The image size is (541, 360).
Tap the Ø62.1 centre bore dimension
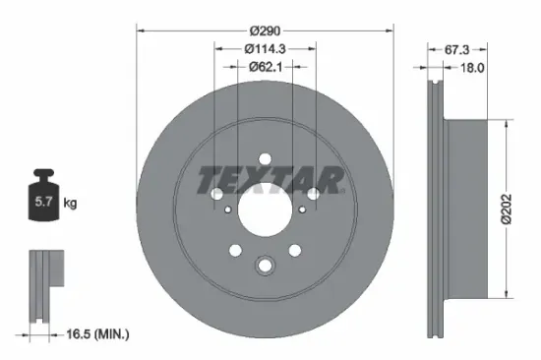pos(264,67)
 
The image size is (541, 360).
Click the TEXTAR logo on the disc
pos(270,180)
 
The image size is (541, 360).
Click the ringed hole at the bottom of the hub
pos(264,265)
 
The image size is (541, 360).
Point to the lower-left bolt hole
pos(233,251)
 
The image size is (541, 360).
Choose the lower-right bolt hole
pos(294,251)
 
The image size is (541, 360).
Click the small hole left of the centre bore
pos(227,209)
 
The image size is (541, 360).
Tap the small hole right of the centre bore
pos(301,209)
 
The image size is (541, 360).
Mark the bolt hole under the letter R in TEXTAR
pos(313,194)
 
